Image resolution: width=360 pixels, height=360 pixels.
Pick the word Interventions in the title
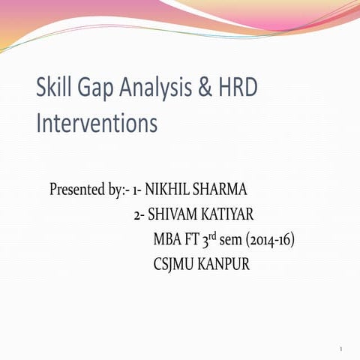tap(97, 122)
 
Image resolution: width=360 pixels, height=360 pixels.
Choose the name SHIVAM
tap(171, 214)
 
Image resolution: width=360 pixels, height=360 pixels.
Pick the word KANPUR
tap(226, 265)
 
